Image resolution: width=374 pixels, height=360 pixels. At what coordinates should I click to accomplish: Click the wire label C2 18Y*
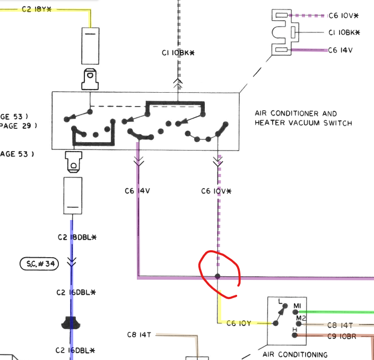tap(37, 10)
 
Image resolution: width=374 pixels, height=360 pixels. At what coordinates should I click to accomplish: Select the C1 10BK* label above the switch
tap(178, 53)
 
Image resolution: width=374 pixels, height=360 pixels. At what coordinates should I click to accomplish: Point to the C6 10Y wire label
tap(239, 323)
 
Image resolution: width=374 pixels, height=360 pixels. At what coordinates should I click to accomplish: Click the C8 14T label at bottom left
tap(140, 335)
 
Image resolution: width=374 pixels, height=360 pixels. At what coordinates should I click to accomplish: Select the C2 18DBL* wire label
tap(76, 237)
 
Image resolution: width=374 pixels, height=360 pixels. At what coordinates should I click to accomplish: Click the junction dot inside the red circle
tap(218, 276)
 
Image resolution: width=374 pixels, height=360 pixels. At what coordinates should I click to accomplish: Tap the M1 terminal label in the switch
tap(297, 306)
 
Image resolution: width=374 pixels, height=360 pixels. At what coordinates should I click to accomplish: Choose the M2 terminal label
tap(301, 318)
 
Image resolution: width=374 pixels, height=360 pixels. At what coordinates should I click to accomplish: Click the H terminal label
tap(294, 330)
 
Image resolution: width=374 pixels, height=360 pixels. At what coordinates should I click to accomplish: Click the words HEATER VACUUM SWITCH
tap(303, 123)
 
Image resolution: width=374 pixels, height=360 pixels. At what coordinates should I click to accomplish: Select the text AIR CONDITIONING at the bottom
tap(295, 354)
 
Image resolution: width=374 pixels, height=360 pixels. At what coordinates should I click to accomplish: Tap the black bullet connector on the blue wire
tap(71, 322)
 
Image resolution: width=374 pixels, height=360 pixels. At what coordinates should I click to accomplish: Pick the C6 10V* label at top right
tap(344, 15)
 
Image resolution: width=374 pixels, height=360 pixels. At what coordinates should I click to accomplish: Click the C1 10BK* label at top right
tap(344, 33)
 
